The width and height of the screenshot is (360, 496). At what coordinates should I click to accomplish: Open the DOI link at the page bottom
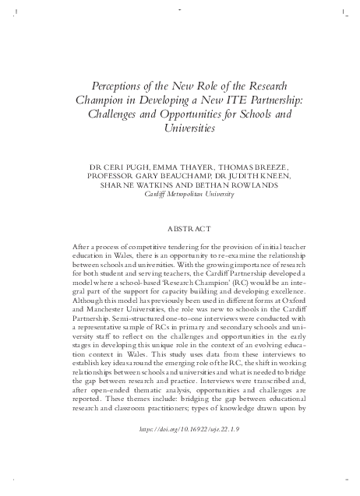[180, 451]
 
